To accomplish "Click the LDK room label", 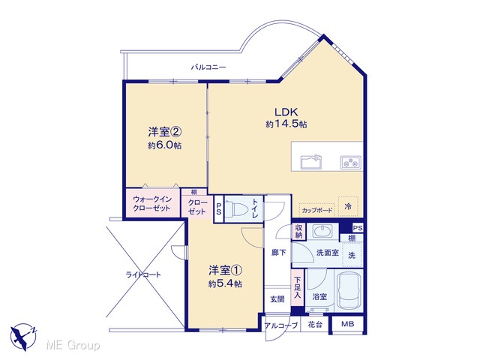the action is (x=286, y=112).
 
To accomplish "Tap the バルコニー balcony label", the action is (x=208, y=67).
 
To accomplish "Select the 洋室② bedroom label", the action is (x=165, y=132).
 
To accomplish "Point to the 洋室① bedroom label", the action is (x=226, y=271).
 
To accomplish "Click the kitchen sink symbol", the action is (x=311, y=162).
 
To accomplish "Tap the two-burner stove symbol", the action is (x=350, y=162).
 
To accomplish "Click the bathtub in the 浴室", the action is (x=349, y=290).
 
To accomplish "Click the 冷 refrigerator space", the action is (x=348, y=207).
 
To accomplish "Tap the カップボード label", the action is (x=316, y=210).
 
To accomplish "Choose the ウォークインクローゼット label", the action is (x=151, y=203).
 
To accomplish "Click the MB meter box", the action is (x=347, y=324).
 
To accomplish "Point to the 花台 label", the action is (x=315, y=325).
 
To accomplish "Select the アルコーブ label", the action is (x=281, y=325).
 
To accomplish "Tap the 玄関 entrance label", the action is (x=277, y=299).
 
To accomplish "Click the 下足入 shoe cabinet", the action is (x=297, y=287).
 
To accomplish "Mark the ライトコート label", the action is (x=143, y=274).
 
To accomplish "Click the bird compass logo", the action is (x=23, y=337).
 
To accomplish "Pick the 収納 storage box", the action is (x=298, y=232).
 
